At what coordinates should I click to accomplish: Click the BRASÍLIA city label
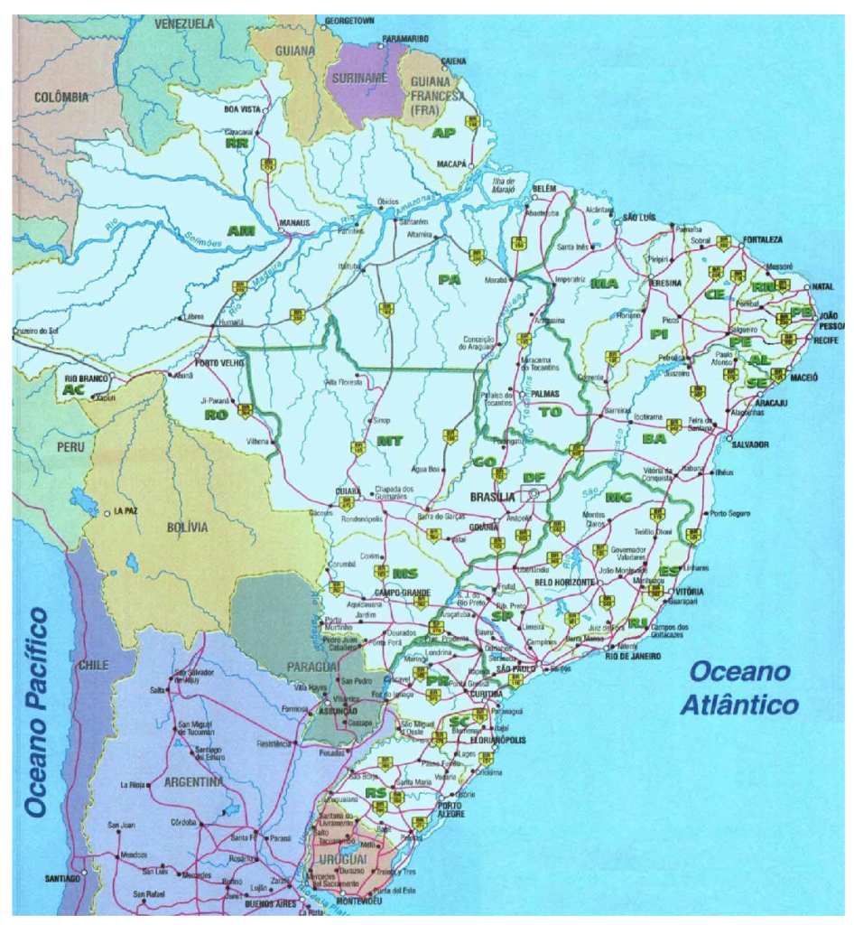coord(492,497)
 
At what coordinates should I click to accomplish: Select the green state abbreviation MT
coord(390,441)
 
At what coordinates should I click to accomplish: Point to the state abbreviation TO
coord(550,411)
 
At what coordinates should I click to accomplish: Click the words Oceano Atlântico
coord(739,687)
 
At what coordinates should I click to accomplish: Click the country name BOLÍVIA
coord(187,527)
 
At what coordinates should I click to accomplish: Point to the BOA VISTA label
coord(242,109)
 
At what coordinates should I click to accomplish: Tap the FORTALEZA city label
coord(764,239)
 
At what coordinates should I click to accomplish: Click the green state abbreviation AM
coord(241,231)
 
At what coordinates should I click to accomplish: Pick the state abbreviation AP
coord(444,134)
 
